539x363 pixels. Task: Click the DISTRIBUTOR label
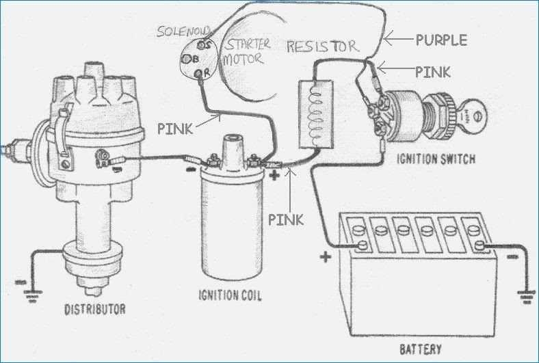pyautogui.click(x=94, y=309)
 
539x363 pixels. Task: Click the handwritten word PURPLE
pyautogui.click(x=441, y=40)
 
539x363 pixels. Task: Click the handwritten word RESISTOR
pyautogui.click(x=321, y=46)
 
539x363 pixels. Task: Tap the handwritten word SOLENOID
pyautogui.click(x=183, y=31)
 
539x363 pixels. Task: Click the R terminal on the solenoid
pyautogui.click(x=200, y=72)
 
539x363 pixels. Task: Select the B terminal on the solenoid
pyautogui.click(x=186, y=59)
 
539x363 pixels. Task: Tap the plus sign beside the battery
pyautogui.click(x=325, y=257)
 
